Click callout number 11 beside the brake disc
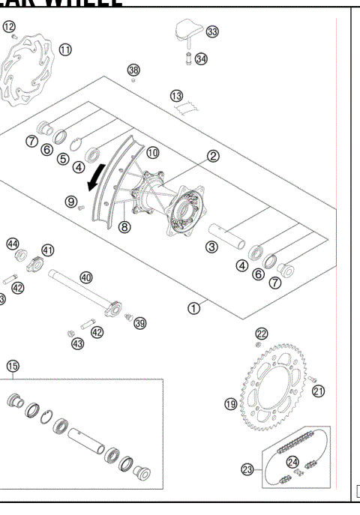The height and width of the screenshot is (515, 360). (x=66, y=49)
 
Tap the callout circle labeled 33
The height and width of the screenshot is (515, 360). (x=212, y=31)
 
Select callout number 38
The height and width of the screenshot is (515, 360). (x=133, y=70)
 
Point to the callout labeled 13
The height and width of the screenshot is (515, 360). (x=176, y=97)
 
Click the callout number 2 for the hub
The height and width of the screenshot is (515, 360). (x=214, y=156)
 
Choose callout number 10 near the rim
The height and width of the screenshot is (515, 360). (x=152, y=152)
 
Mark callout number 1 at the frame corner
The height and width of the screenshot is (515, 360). (x=193, y=307)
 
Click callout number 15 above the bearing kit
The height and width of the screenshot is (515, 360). (x=13, y=366)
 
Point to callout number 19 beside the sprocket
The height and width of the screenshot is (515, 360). (x=231, y=403)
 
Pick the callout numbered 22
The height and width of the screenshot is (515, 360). (x=261, y=334)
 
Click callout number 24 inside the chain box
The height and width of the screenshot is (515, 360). (x=293, y=462)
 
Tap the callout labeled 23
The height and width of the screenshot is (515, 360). (x=247, y=470)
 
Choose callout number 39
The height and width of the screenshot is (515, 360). (x=139, y=322)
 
